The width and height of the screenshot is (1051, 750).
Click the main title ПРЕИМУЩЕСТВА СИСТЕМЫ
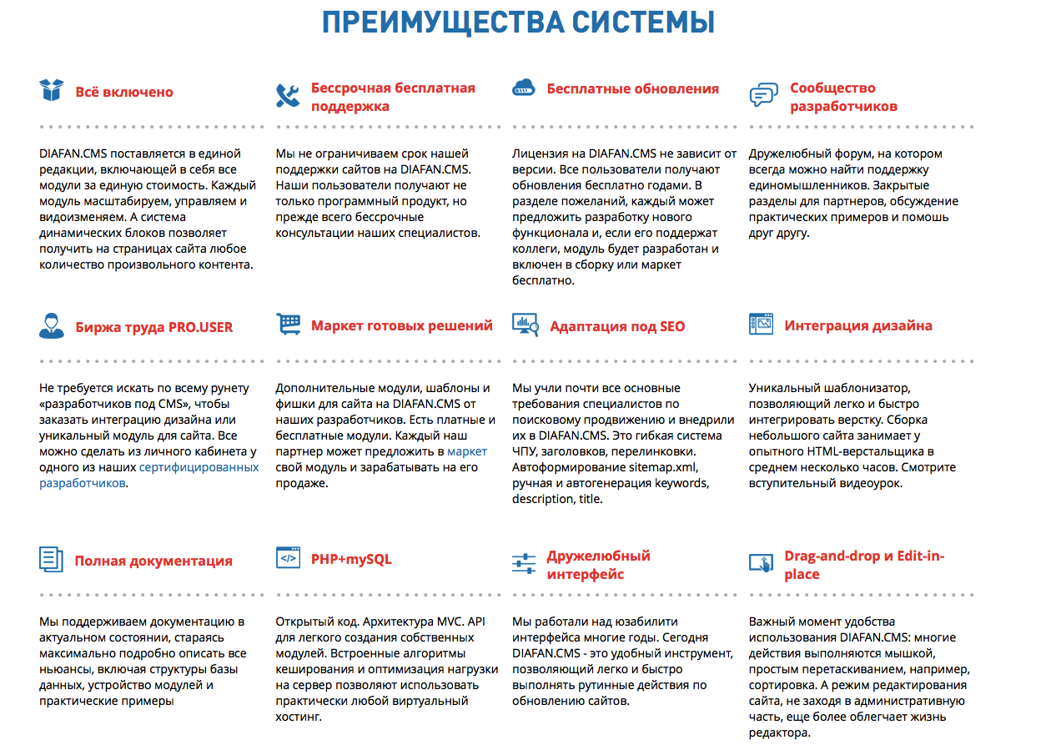click(518, 23)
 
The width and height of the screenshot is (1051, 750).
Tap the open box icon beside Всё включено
click(52, 90)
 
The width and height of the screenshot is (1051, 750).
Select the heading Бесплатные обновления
click(632, 88)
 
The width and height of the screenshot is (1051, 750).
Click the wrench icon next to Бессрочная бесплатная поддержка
click(288, 96)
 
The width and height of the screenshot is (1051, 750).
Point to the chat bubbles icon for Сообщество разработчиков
click(762, 95)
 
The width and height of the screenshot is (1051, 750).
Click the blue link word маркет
click(467, 451)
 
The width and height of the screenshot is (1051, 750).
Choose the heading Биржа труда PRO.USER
click(153, 327)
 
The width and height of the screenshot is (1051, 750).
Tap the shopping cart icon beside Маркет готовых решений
click(289, 325)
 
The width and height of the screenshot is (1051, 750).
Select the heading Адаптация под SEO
click(616, 326)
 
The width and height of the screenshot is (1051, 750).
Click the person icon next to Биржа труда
click(52, 325)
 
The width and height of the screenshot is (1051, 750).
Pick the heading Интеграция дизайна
click(857, 325)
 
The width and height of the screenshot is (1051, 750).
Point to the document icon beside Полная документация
click(52, 559)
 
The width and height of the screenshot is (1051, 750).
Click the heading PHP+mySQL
click(351, 559)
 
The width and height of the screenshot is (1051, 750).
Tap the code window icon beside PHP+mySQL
click(288, 557)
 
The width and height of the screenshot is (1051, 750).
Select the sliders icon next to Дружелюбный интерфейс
click(524, 564)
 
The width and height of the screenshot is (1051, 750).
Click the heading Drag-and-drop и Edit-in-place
click(863, 565)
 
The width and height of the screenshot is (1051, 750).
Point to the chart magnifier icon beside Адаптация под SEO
click(525, 325)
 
